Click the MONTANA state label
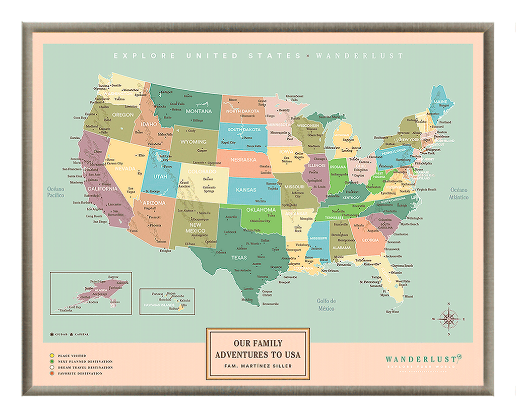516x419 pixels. [x=199, y=111]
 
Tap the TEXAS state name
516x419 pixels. [x=239, y=258]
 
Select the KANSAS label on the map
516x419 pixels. [x=245, y=190]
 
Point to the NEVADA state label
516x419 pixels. [x=125, y=169]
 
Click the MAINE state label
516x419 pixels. [x=440, y=102]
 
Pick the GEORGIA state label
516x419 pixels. [x=370, y=240]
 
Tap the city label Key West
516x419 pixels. [x=392, y=312]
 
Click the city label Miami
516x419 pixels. [x=409, y=296]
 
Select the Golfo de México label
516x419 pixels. [x=326, y=305]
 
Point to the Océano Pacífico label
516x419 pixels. [x=56, y=192]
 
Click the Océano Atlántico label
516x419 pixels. [x=459, y=194]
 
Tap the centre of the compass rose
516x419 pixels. [x=448, y=319]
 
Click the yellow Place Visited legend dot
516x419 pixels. [x=52, y=356]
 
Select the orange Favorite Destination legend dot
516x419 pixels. [x=52, y=374]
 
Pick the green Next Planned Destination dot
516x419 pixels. [x=52, y=362]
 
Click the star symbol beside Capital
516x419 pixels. [x=72, y=334]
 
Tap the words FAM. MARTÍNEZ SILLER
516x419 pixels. [x=257, y=366]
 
